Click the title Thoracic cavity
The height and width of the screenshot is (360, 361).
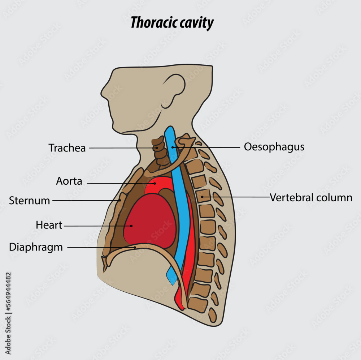(172, 23)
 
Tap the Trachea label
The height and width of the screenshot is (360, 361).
(67, 148)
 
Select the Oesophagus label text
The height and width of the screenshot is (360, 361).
(274, 147)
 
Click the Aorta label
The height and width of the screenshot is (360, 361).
(69, 181)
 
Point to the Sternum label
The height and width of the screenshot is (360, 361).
(30, 201)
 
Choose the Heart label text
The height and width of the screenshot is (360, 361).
(49, 225)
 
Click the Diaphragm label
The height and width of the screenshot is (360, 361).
(36, 247)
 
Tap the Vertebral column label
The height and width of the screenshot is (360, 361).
(311, 198)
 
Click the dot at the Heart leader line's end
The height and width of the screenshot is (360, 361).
(131, 226)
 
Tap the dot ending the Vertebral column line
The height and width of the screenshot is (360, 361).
(203, 197)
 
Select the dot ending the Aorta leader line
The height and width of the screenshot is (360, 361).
(155, 184)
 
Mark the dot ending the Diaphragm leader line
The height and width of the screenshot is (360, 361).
(135, 248)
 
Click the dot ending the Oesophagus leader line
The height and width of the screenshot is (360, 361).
(173, 147)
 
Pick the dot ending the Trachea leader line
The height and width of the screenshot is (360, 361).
(156, 148)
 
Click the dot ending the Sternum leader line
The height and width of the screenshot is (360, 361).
(120, 200)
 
